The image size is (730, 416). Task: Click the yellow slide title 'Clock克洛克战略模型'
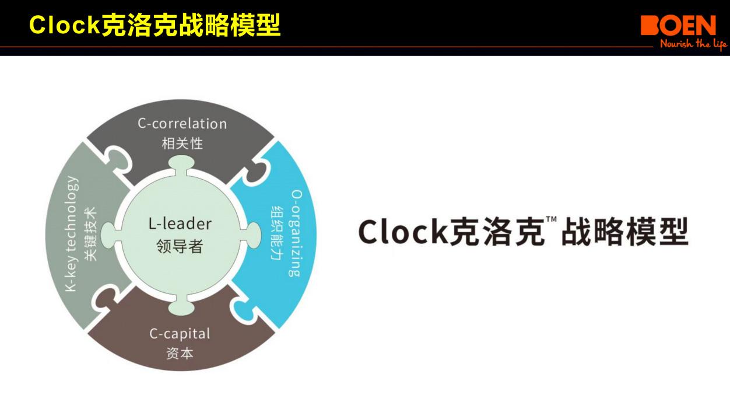click(x=155, y=25)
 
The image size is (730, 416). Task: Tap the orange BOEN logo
click(x=678, y=26)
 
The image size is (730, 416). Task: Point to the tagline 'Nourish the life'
click(x=693, y=44)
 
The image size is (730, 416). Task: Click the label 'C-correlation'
click(x=182, y=124)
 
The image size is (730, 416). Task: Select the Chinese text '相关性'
click(x=182, y=143)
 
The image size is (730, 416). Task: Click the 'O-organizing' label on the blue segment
click(x=296, y=233)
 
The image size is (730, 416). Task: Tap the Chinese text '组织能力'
click(x=277, y=233)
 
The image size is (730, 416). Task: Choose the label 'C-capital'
click(x=180, y=334)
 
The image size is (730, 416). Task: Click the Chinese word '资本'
click(x=180, y=353)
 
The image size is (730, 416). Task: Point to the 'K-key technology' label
click(x=71, y=233)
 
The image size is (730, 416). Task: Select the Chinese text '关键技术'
click(x=90, y=233)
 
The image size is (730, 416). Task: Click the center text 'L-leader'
click(x=180, y=223)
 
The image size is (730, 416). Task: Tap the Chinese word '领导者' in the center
click(x=180, y=246)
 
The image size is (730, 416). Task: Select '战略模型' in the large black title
click(x=624, y=232)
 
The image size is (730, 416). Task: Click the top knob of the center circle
click(x=180, y=163)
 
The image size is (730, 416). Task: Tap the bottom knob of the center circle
click(x=180, y=305)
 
